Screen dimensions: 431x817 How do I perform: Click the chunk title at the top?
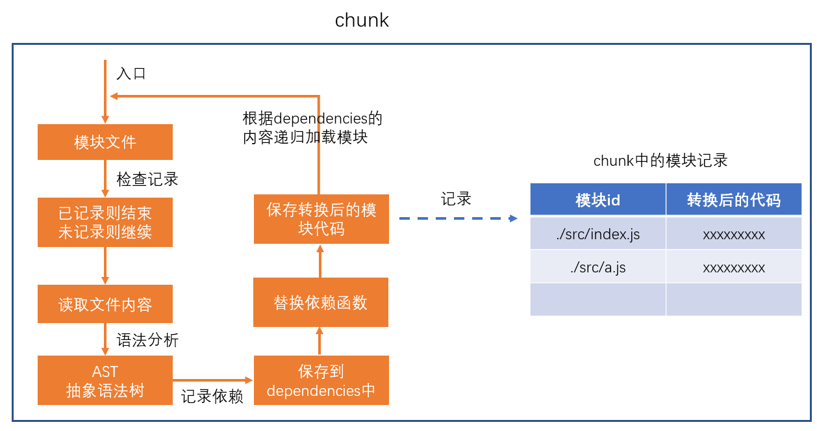tap(362, 20)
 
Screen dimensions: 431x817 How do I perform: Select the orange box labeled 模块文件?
tap(105, 142)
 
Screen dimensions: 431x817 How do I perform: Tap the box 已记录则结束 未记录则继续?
tap(105, 222)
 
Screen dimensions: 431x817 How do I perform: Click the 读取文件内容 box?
tap(105, 304)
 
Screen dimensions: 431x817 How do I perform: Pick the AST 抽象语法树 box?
tap(105, 380)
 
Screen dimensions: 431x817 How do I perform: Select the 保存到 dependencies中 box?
tap(321, 380)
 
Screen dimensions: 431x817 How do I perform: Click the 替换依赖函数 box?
tap(321, 302)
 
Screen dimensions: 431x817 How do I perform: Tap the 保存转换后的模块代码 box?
tap(321, 219)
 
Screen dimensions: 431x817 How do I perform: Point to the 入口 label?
tap(131, 73)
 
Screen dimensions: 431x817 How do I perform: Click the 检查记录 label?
tap(147, 179)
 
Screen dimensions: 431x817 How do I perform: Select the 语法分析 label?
tap(147, 340)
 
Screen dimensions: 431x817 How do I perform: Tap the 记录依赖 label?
tap(212, 397)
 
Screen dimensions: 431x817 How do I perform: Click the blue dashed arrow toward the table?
tap(458, 219)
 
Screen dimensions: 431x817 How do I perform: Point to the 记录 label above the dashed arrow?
tap(456, 199)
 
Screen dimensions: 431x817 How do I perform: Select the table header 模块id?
tap(597, 200)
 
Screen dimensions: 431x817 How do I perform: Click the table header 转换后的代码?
tap(734, 200)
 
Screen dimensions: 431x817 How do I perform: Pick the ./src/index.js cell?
tap(597, 234)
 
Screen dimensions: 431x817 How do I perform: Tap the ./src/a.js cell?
tap(597, 267)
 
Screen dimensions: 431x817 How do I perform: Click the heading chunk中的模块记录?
tap(660, 161)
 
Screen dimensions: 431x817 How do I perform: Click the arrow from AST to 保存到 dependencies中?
tap(213, 380)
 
